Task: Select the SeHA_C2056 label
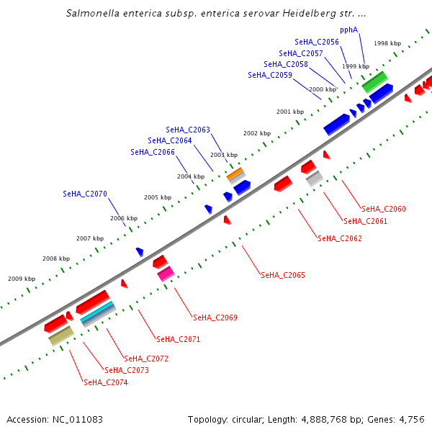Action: [x=317, y=42]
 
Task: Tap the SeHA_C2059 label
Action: [x=270, y=75]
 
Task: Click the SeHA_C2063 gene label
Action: [x=188, y=130]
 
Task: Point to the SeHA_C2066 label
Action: [x=153, y=153]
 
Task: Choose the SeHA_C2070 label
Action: [x=85, y=194]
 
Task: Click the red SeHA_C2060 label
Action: [x=384, y=210]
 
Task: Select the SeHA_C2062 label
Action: [x=340, y=239]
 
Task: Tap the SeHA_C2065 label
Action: [x=283, y=276]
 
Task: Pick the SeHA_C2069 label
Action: [x=215, y=318]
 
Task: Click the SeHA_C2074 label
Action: [x=106, y=383]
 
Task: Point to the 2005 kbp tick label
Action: [x=158, y=197]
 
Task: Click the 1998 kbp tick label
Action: [x=387, y=43]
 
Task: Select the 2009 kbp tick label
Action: [x=22, y=279]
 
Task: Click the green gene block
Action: [x=375, y=81]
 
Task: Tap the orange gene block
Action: [x=235, y=174]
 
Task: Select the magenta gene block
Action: [x=166, y=274]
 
